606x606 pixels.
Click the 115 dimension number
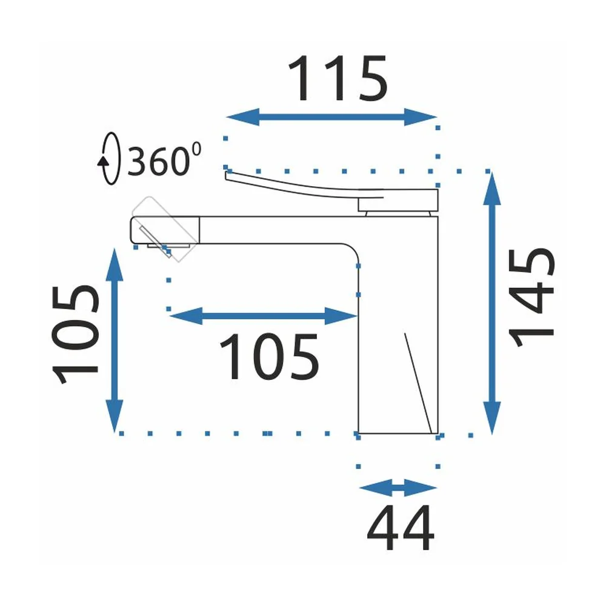coord(338,78)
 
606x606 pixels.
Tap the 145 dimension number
coord(532,297)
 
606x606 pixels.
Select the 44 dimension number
coord(401,528)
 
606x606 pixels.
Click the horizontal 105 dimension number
coord(270,357)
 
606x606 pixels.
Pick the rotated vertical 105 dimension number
coord(75,335)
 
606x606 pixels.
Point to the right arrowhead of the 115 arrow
coord(421,117)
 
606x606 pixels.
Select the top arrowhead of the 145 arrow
coord(492,188)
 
